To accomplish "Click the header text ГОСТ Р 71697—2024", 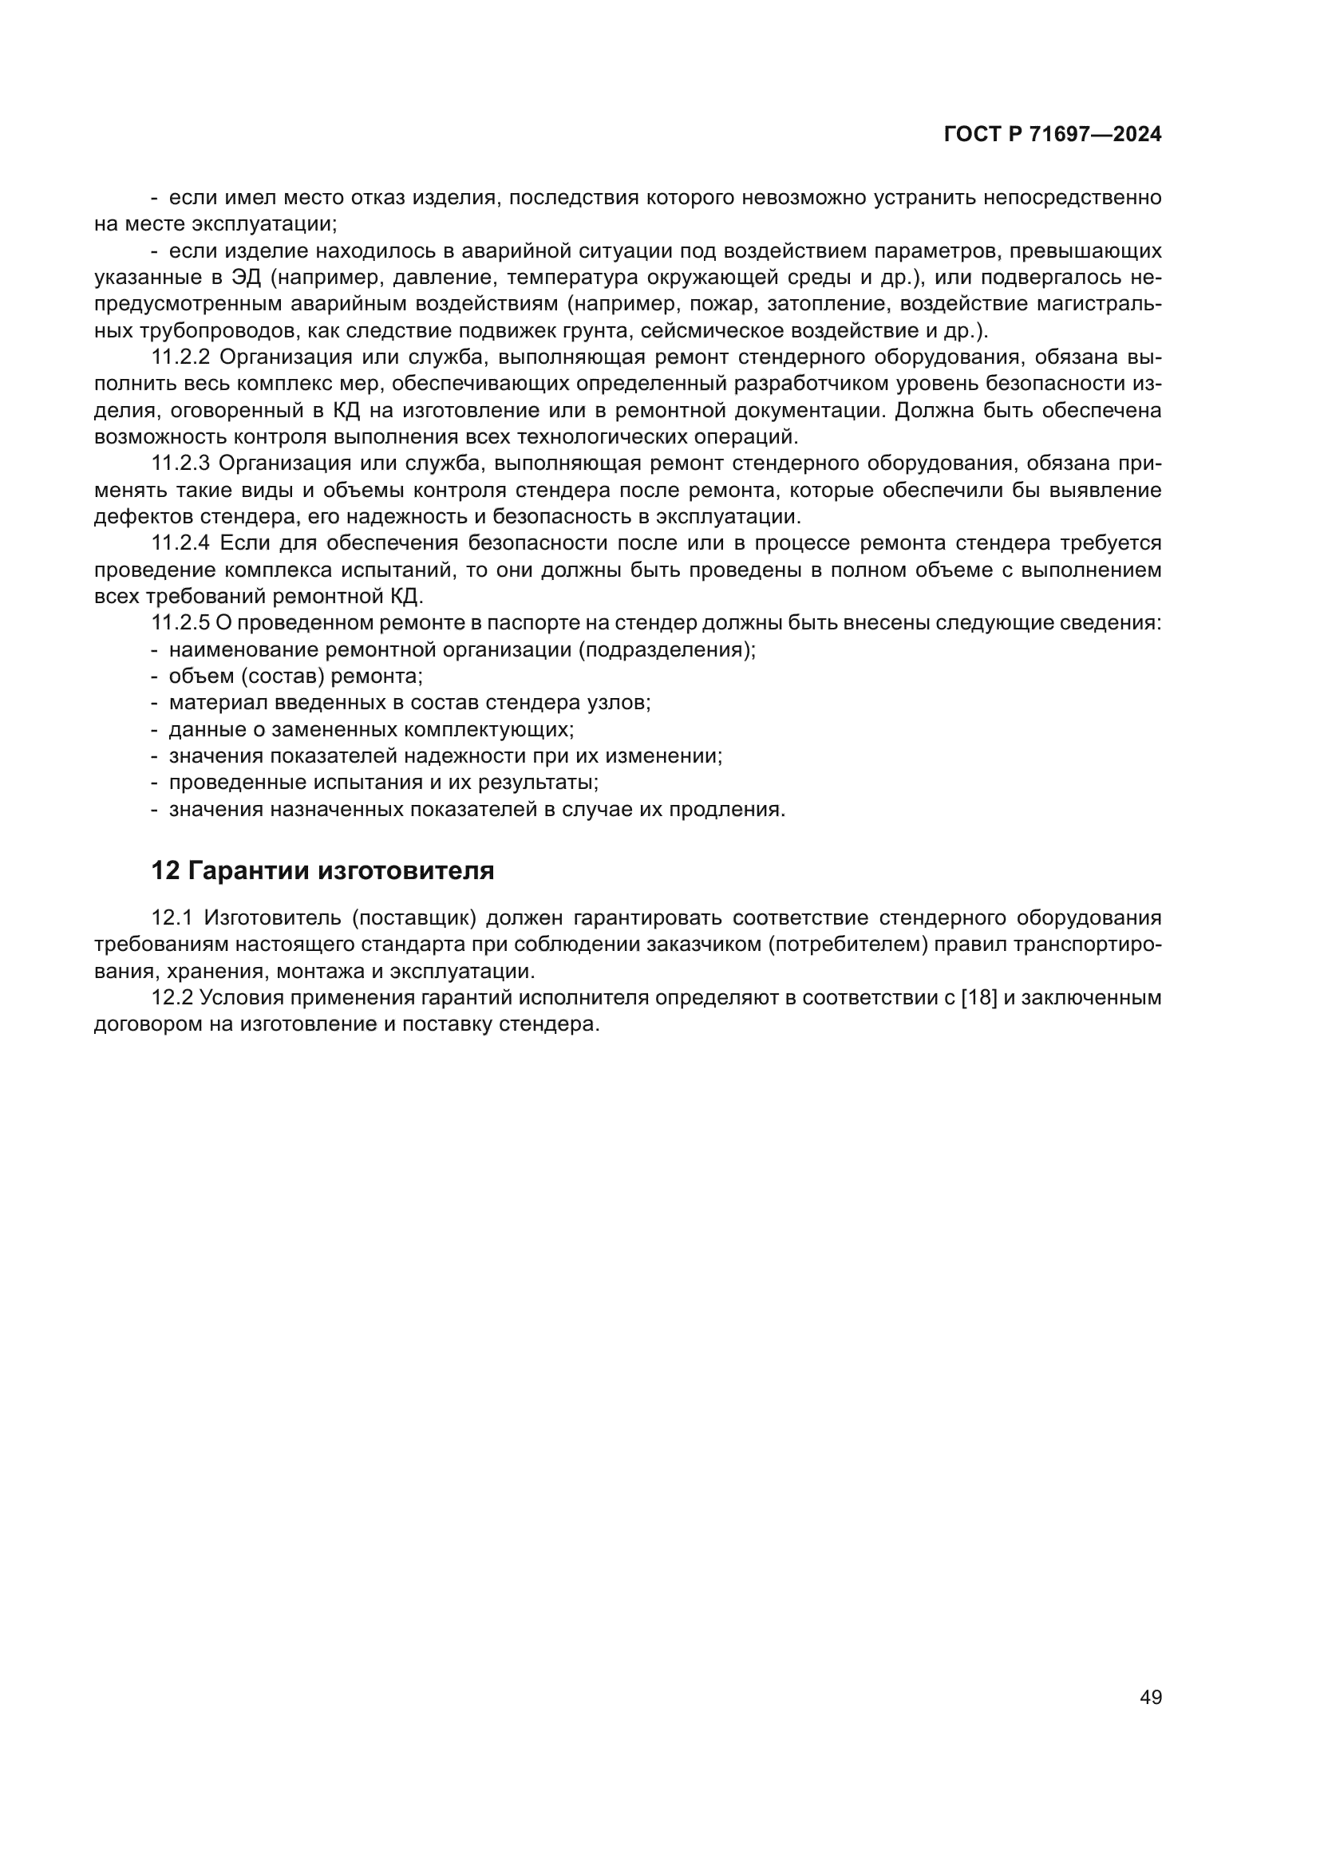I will [x=1052, y=135].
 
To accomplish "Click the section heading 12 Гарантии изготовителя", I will [x=322, y=870].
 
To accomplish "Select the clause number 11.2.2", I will [x=181, y=357].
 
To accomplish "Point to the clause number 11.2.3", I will [x=181, y=464].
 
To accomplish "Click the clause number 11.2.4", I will [x=181, y=543].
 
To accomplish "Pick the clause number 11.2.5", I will [x=180, y=623].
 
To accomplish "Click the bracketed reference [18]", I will [x=978, y=997].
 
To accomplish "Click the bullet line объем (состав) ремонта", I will [x=295, y=677].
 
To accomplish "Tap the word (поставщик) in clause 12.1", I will [x=413, y=917].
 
